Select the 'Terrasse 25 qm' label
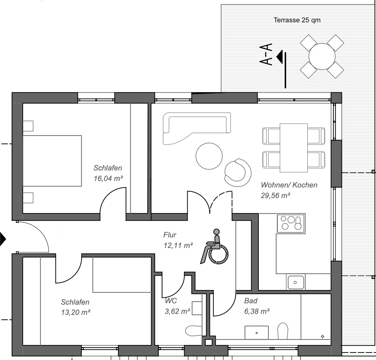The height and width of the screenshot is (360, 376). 297,20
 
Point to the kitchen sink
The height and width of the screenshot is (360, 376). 295,282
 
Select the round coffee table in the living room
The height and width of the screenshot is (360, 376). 209,156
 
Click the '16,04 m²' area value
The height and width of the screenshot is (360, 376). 108,178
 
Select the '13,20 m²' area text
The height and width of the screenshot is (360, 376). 76,312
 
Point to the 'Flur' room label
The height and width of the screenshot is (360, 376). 170,235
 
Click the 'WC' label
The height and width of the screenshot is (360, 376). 171,301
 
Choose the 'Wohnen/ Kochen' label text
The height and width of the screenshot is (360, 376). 289,185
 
